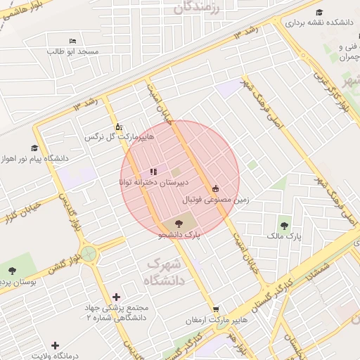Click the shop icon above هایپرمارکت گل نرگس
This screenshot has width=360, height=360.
coord(119,127)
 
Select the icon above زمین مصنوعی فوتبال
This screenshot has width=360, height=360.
coord(215,188)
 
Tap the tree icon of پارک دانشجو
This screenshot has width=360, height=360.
coord(176,224)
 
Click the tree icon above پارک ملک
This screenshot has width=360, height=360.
coord(284,226)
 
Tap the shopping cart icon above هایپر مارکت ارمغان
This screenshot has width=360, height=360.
coord(217,309)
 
